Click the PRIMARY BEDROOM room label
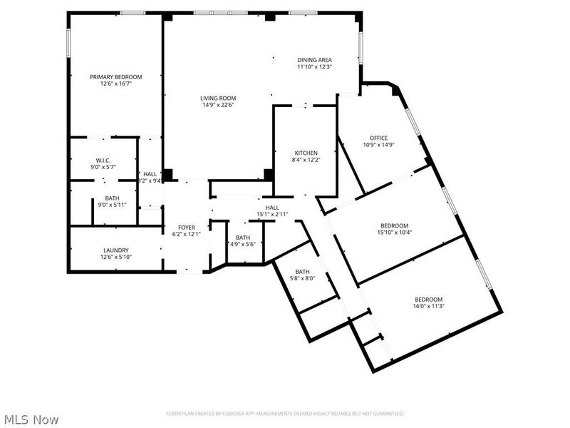click(115, 77)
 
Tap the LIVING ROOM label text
click(217, 98)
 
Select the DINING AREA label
click(314, 60)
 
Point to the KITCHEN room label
click(306, 153)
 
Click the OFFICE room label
click(378, 138)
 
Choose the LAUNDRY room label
click(115, 250)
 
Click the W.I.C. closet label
click(104, 160)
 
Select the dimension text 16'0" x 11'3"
click(429, 307)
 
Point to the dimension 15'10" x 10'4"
click(394, 232)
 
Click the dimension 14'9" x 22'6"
click(217, 105)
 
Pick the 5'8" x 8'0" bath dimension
click(303, 279)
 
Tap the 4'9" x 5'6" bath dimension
click(243, 245)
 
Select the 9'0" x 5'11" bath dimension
click(112, 205)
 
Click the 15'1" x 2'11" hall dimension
click(271, 214)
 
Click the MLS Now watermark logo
click(31, 419)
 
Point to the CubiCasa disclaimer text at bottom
click(285, 414)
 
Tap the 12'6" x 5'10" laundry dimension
click(115, 257)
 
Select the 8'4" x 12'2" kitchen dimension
click(306, 160)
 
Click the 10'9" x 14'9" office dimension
click(378, 145)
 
